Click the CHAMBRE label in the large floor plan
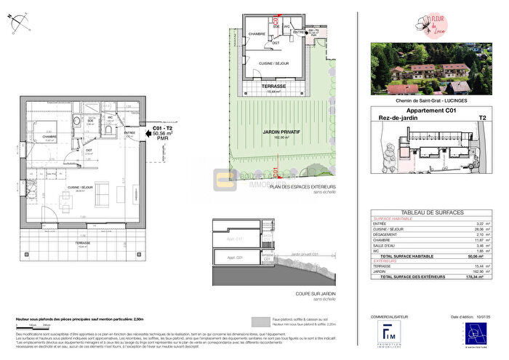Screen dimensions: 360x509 49,136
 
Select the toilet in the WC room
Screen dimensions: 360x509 109,131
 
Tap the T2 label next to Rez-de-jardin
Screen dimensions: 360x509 481,118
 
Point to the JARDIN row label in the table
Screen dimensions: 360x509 381,271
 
